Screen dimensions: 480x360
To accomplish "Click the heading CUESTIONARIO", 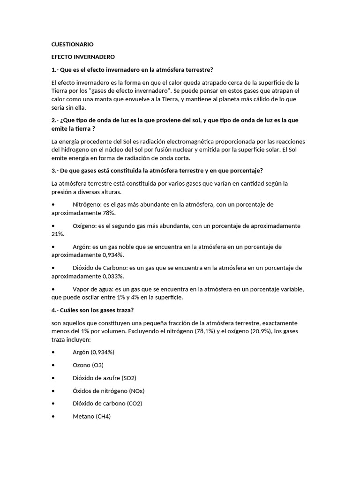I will (72, 45).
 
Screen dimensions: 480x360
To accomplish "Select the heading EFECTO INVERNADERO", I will (82, 57).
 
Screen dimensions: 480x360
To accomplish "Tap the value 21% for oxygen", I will (58, 233).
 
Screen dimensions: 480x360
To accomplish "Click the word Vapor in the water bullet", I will (82, 289).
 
